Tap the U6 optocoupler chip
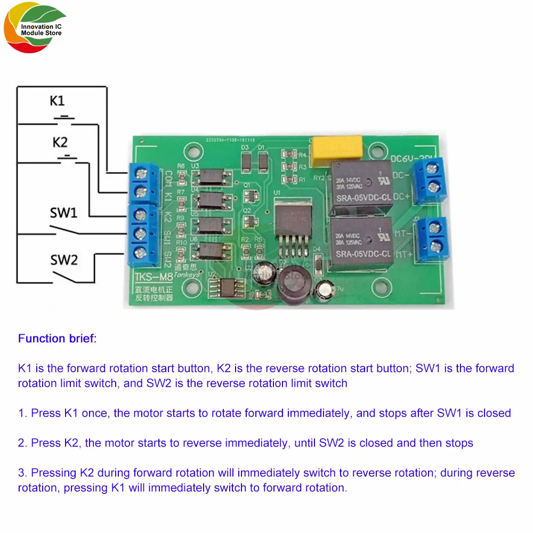[212, 248]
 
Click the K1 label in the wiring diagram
[58, 101]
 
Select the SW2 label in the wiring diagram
[64, 260]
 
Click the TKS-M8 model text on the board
[150, 277]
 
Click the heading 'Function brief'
[57, 338]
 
